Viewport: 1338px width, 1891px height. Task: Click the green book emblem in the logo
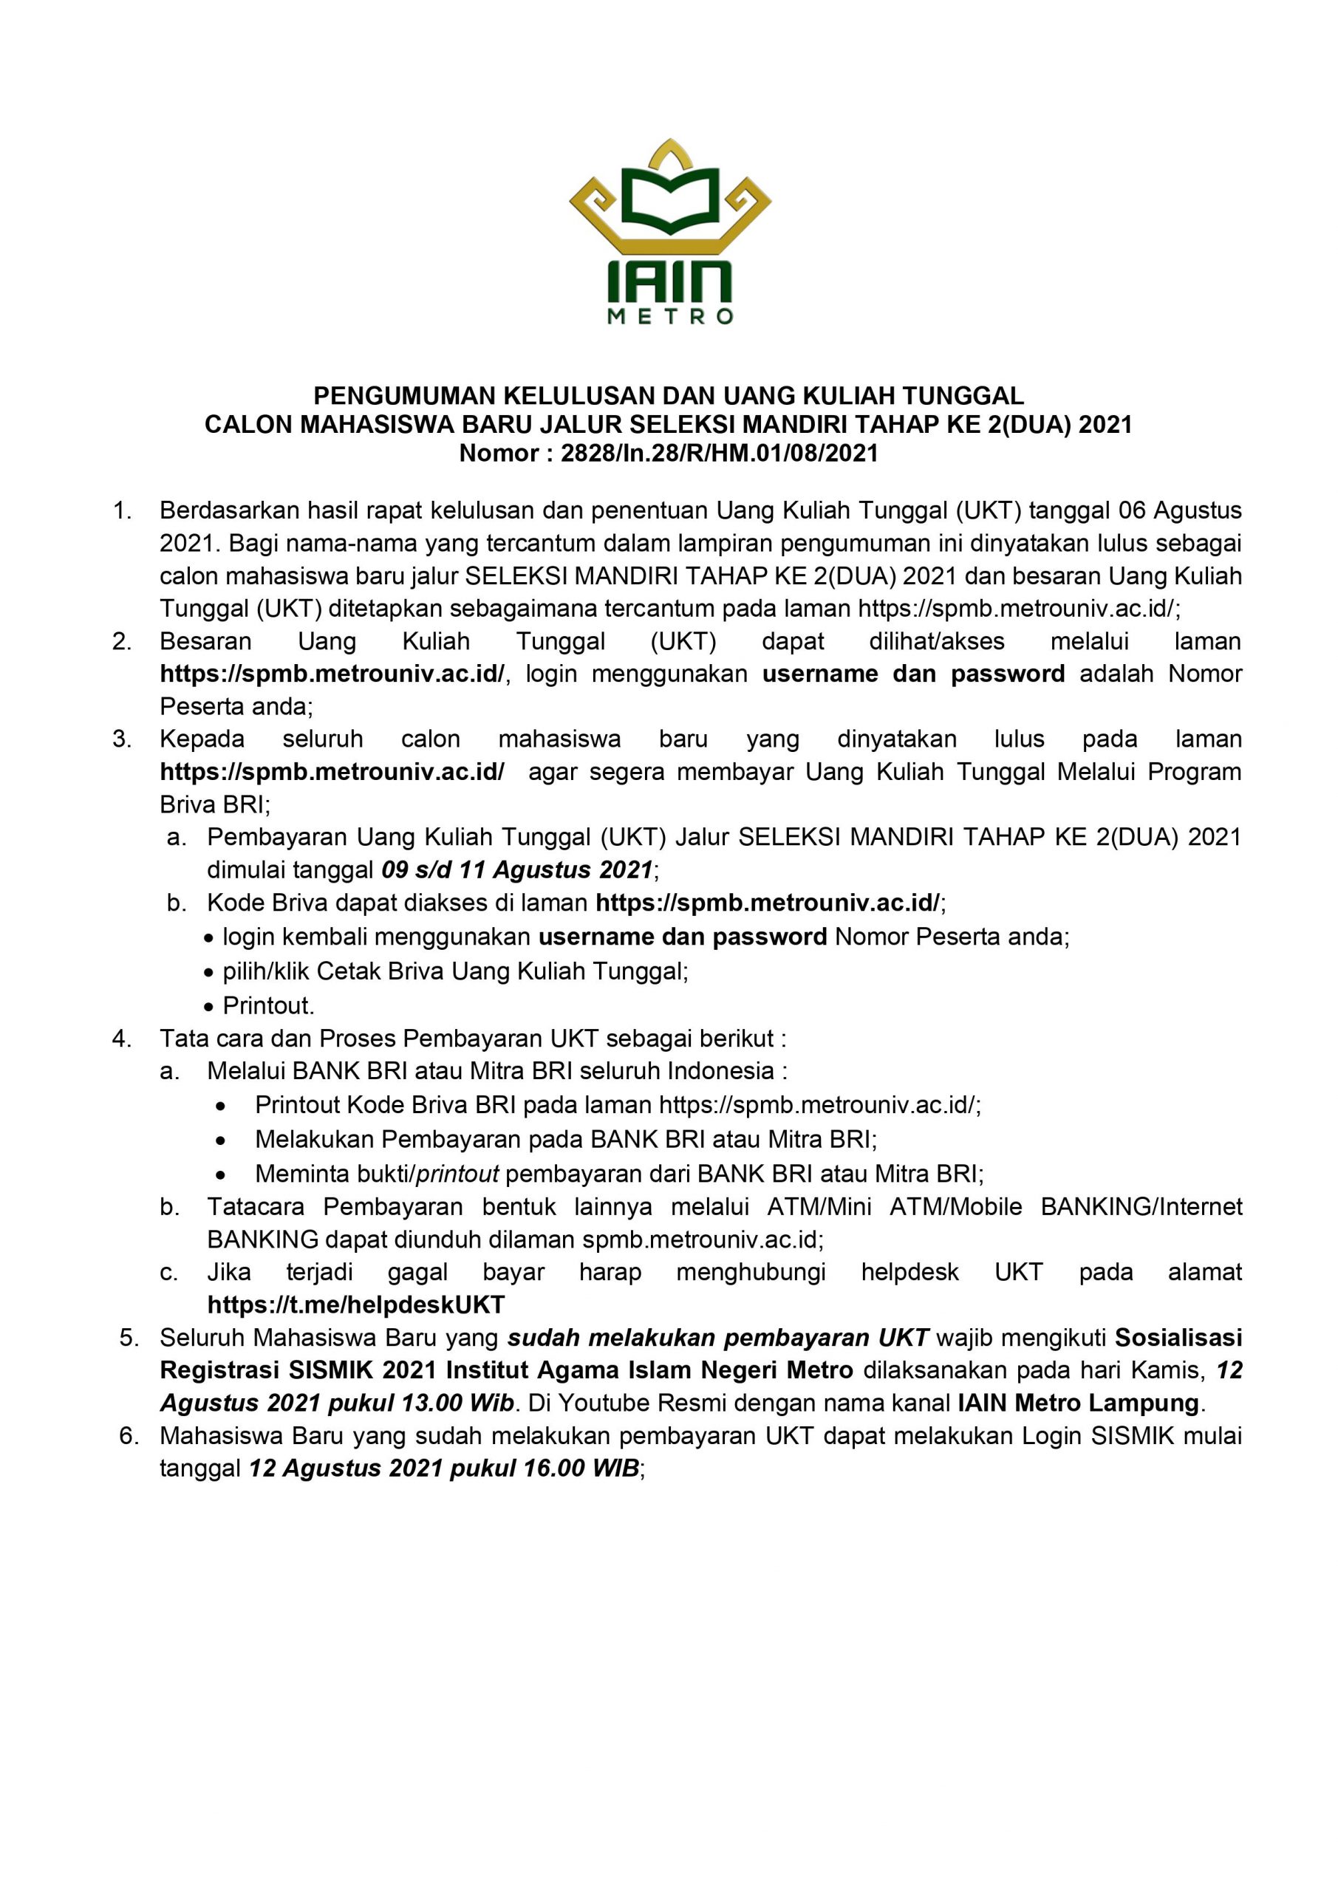click(x=669, y=201)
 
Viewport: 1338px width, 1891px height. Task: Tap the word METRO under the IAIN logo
click(x=669, y=317)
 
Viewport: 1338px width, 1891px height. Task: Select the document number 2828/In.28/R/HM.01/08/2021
click(x=720, y=453)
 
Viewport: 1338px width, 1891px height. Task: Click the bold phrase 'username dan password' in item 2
click(x=913, y=674)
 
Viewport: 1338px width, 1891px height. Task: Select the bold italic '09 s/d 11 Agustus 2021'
click(x=518, y=869)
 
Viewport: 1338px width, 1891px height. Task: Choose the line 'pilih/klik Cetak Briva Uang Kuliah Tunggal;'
click(x=456, y=972)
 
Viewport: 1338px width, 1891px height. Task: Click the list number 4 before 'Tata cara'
click(x=121, y=1039)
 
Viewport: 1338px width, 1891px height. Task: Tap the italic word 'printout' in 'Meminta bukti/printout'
click(x=457, y=1174)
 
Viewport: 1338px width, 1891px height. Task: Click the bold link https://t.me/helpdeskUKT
click(x=356, y=1304)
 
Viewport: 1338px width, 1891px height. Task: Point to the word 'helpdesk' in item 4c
click(x=909, y=1273)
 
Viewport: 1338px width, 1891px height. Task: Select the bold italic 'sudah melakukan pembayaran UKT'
click(x=717, y=1338)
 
